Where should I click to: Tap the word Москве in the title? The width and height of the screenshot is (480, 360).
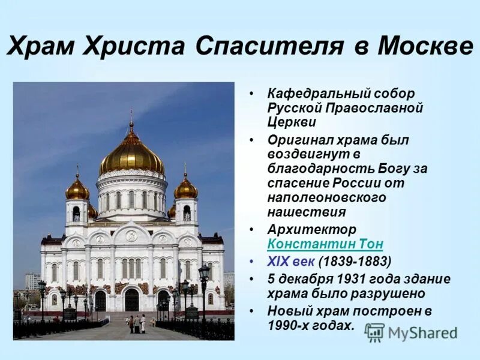pyautogui.click(x=425, y=46)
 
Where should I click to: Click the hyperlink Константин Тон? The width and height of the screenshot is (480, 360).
pyautogui.click(x=325, y=244)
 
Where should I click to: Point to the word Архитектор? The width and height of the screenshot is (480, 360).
pyautogui.click(x=312, y=230)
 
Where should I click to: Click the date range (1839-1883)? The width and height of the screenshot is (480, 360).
pyautogui.click(x=355, y=261)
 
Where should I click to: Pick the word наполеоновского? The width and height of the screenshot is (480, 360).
pyautogui.click(x=326, y=197)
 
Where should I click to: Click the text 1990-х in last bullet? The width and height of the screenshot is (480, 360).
pyautogui.click(x=289, y=326)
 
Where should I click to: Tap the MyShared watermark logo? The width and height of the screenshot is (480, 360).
pyautogui.click(x=411, y=332)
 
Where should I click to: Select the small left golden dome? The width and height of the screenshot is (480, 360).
pyautogui.click(x=77, y=190)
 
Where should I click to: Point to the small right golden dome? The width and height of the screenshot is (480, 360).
pyautogui.click(x=186, y=190)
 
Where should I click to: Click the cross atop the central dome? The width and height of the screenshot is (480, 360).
pyautogui.click(x=131, y=115)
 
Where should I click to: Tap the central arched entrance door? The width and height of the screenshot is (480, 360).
pyautogui.click(x=131, y=299)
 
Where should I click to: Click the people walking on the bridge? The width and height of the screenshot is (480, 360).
pyautogui.click(x=137, y=324)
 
